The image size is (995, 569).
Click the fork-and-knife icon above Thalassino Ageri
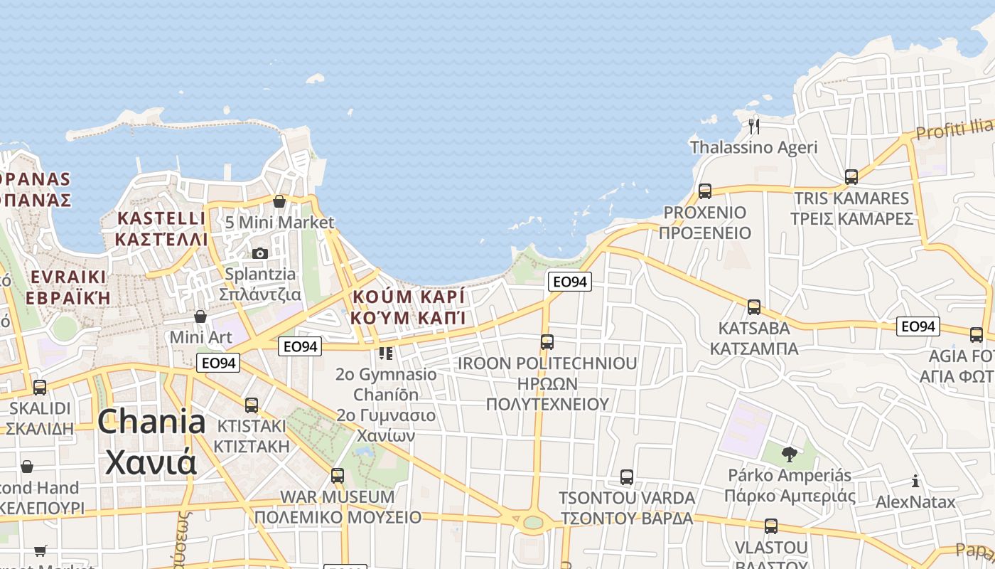[754, 127]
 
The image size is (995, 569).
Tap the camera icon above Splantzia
[260, 253]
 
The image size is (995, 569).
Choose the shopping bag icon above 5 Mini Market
[279, 201]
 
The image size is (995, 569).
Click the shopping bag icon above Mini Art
[200, 317]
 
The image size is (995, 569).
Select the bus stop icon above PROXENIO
[705, 191]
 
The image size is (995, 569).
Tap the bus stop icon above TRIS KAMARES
[851, 177]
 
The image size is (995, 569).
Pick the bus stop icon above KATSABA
[754, 307]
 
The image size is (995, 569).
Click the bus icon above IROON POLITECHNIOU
[547, 342]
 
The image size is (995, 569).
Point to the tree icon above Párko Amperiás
[789, 454]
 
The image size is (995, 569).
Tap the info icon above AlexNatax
[915, 481]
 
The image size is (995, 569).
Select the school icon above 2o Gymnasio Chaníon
[386, 353]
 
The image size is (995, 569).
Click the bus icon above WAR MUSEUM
[338, 475]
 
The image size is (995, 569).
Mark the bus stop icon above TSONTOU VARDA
[626, 477]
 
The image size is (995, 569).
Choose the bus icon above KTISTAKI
[251, 405]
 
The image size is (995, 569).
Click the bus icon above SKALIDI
[40, 388]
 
